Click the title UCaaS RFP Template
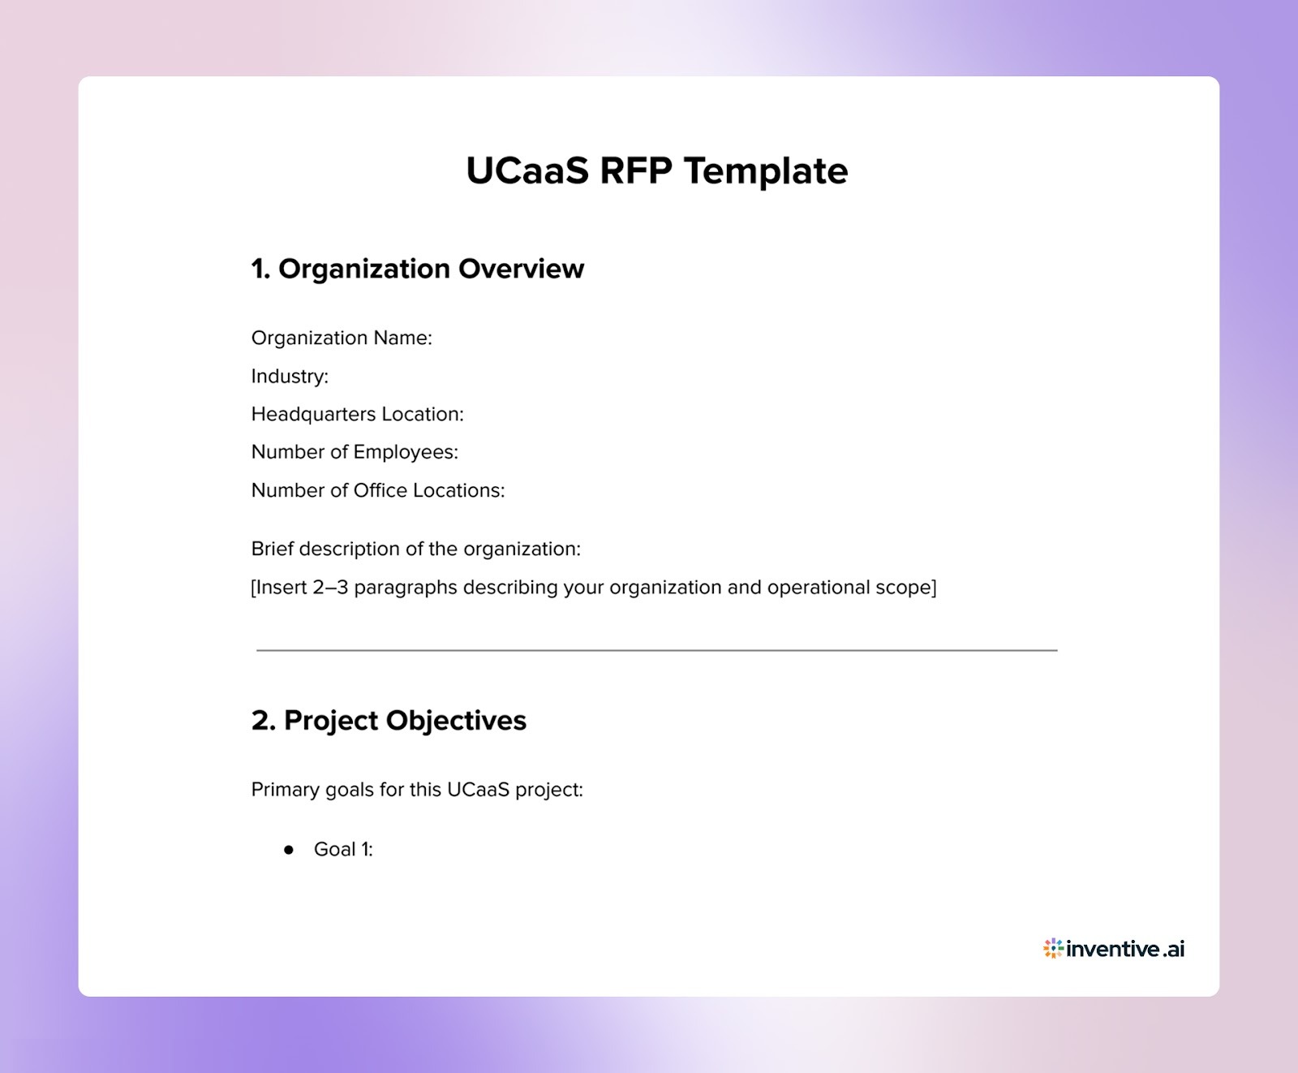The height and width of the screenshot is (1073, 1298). click(x=656, y=171)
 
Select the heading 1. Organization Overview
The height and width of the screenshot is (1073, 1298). click(x=417, y=269)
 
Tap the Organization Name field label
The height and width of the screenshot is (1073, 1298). click(x=342, y=338)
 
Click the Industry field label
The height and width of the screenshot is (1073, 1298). click(x=290, y=376)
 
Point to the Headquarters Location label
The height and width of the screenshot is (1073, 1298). click(x=357, y=414)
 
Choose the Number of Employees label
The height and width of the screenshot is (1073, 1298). click(x=355, y=452)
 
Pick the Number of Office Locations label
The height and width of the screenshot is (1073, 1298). click(x=378, y=490)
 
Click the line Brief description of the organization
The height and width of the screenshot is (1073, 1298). click(x=415, y=549)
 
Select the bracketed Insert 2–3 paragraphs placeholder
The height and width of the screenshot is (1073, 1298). click(x=593, y=587)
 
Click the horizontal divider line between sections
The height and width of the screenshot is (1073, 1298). click(x=656, y=650)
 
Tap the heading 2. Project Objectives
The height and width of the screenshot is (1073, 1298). click(x=389, y=720)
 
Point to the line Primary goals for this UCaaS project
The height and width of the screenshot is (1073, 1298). click(x=417, y=789)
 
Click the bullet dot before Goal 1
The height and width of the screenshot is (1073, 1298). click(x=289, y=850)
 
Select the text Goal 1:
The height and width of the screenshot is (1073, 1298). click(x=343, y=850)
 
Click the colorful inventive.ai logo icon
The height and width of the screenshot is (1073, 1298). click(x=1053, y=948)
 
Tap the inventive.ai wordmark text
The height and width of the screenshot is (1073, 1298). click(x=1126, y=949)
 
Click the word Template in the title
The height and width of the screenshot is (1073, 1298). click(x=766, y=171)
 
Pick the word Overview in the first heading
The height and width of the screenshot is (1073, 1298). click(x=521, y=269)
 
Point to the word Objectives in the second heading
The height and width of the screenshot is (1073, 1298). click(x=456, y=720)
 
